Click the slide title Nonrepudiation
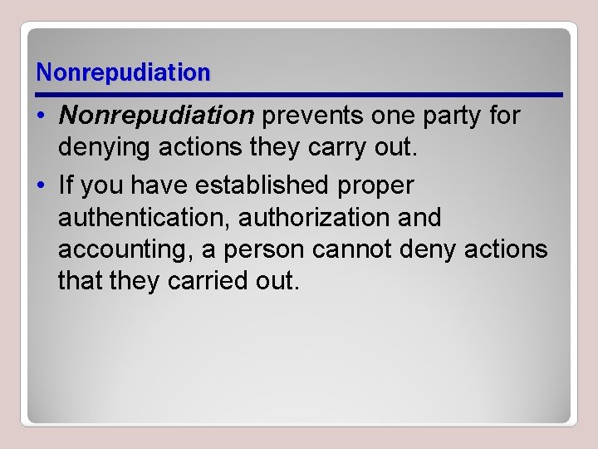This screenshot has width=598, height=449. pos(124,73)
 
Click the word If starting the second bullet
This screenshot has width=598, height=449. pos(67,184)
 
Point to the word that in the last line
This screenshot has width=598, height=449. pos(79,281)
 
